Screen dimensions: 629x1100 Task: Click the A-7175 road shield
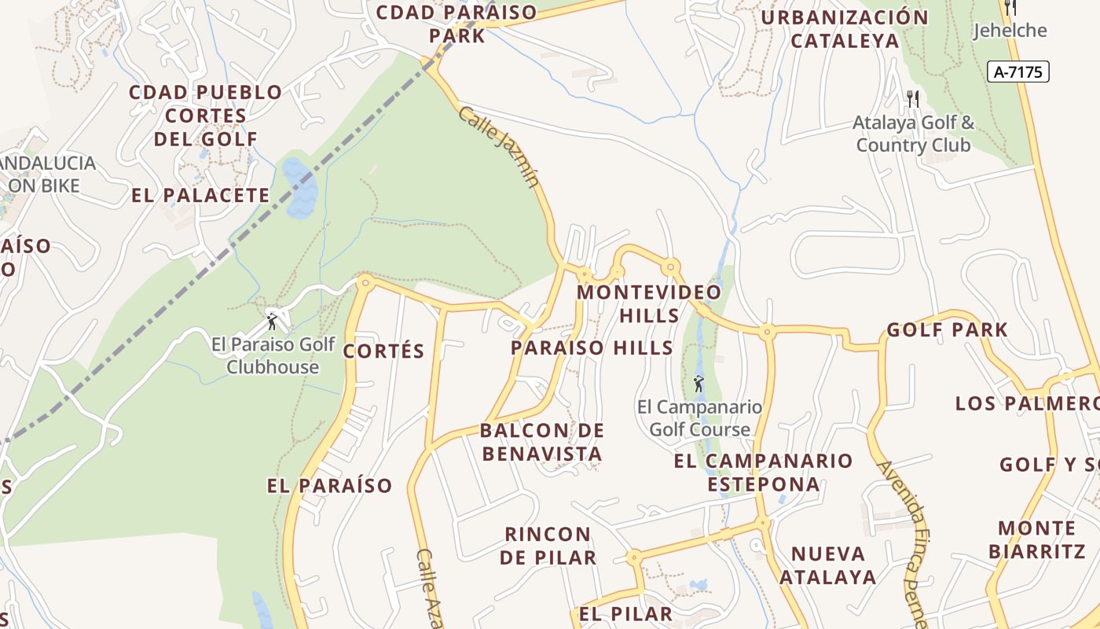click(1017, 72)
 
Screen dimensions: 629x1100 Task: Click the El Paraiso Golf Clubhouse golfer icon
click(273, 321)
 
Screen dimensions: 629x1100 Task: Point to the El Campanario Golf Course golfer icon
click(698, 384)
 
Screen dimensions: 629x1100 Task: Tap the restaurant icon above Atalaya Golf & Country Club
click(912, 98)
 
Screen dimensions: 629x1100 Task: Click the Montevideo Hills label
click(649, 303)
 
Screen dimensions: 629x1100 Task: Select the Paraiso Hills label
click(592, 348)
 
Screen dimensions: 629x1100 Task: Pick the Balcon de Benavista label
click(542, 442)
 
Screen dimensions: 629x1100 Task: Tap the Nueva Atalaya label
click(828, 565)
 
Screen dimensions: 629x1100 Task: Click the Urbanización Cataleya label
click(845, 29)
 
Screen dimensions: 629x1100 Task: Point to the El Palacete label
click(200, 196)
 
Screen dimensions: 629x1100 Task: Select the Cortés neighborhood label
click(384, 351)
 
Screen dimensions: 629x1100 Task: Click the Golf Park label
click(947, 330)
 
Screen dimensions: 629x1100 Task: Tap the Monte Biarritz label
click(1036, 539)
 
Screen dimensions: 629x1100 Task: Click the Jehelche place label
click(1010, 31)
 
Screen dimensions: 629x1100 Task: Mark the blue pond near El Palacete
click(299, 188)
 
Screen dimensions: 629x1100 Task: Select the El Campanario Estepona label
click(763, 472)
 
